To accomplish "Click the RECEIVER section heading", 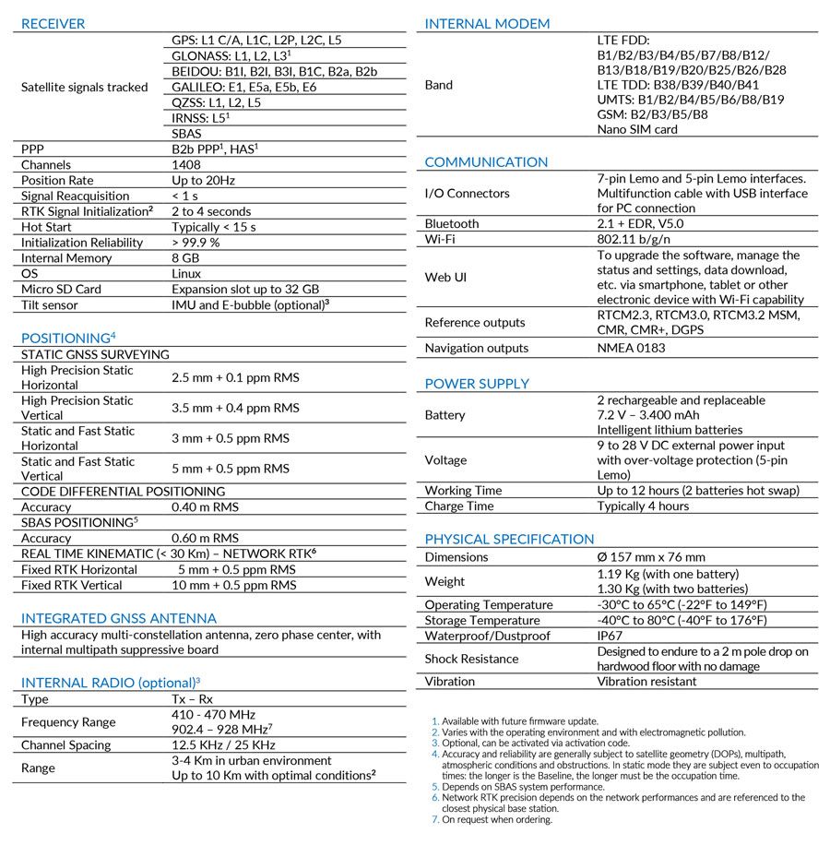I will tap(53, 24).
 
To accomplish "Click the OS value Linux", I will tap(186, 274).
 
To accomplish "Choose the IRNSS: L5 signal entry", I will tap(200, 118).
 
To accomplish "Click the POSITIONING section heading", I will tap(65, 339).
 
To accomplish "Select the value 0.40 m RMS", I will tap(205, 507).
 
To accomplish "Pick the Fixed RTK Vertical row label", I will tap(71, 585).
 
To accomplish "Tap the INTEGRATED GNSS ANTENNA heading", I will tap(119, 618).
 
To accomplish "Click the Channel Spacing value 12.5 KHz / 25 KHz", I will tap(223, 744).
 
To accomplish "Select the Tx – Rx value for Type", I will tap(192, 699).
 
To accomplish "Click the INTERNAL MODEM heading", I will tap(487, 24).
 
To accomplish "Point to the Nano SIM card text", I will tap(637, 129).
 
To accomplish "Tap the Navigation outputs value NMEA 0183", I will tap(631, 348).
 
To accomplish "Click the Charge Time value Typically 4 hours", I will tap(643, 506).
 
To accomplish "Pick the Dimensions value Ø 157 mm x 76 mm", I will tap(651, 557).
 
